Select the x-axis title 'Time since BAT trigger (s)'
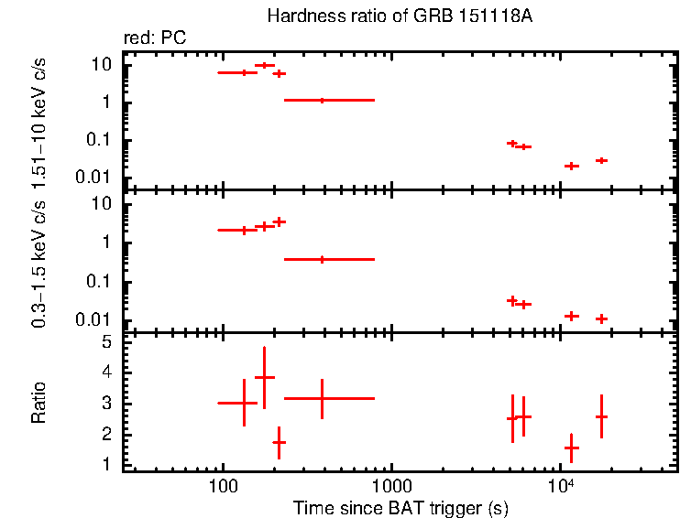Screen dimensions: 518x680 point(400,507)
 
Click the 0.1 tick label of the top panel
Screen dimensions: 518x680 point(100,140)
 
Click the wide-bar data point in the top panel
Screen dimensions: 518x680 point(322,100)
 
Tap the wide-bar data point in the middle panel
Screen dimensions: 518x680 point(322,259)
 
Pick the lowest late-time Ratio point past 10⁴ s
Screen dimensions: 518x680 point(571,448)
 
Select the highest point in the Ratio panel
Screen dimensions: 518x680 point(264,377)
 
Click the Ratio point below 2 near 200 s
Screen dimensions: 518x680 point(279,442)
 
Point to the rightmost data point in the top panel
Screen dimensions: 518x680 point(601,160)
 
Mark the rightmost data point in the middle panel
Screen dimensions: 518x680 point(601,318)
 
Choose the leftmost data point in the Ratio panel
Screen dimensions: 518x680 point(244,403)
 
